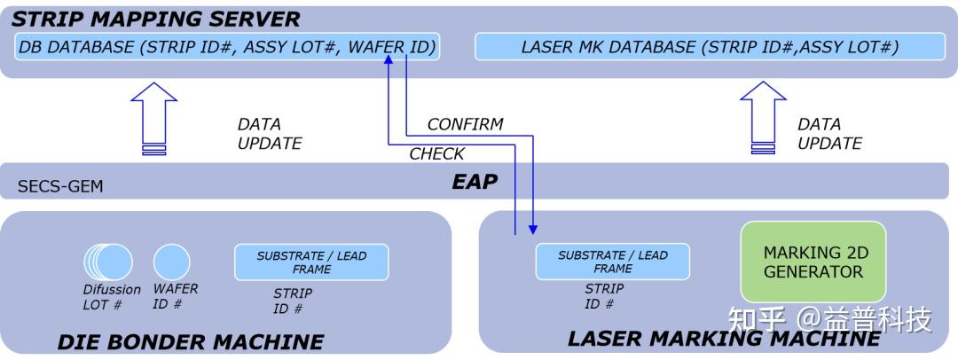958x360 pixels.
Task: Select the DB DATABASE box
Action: coord(227,47)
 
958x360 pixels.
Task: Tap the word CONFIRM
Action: coord(465,124)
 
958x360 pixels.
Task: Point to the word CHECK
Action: coord(436,154)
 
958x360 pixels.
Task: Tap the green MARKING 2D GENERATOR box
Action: coord(813,262)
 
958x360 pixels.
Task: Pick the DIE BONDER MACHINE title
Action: coord(190,341)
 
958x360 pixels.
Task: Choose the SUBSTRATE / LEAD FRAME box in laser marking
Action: coord(612,262)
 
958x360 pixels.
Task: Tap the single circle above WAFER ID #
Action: coord(171,262)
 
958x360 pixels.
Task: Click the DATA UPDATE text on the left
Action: coord(270,134)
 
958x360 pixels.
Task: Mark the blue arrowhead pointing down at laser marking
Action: coord(532,229)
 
